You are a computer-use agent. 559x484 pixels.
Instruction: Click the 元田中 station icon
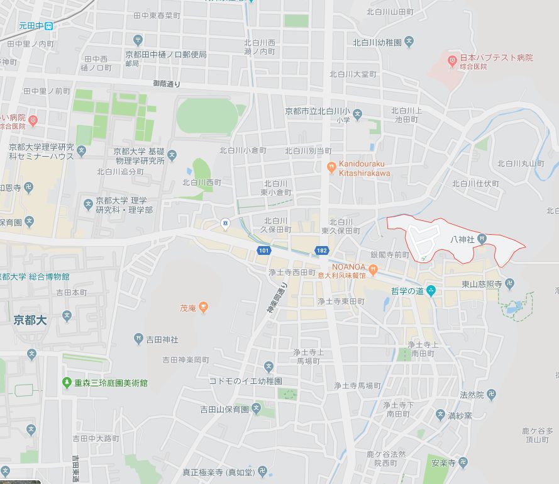coord(49,26)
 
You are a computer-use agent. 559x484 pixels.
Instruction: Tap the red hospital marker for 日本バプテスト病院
coord(451,61)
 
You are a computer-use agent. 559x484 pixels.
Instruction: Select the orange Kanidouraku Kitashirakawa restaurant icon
coord(331,168)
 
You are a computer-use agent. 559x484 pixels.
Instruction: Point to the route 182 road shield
coord(322,251)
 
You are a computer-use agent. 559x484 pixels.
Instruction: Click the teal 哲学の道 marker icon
coord(431,291)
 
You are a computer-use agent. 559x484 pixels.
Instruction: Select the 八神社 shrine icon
coord(481,239)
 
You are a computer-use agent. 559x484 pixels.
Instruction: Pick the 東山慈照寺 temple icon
coord(510,284)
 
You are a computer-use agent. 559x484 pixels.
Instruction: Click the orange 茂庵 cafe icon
coord(203,308)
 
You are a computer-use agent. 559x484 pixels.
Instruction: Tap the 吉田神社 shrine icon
coord(139,339)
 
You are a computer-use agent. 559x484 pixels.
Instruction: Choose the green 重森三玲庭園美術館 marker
coord(67,382)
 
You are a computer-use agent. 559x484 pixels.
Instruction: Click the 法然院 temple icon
coord(491,395)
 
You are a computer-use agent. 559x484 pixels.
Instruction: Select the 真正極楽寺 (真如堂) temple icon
coord(263,471)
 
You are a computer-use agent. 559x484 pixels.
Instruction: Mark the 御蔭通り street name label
coord(167,84)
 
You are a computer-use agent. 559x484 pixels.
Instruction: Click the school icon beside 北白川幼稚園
coord(409,43)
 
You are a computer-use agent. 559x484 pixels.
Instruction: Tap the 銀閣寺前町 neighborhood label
coord(390,255)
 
